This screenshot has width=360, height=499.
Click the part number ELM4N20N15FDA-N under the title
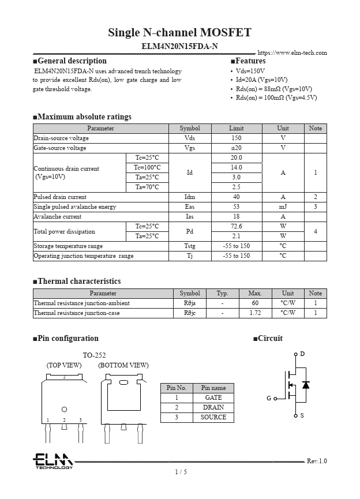(x=179, y=46)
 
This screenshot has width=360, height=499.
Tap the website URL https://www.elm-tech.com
(x=292, y=52)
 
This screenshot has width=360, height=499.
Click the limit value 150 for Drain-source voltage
(x=236, y=138)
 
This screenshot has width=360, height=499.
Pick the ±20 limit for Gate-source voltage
(x=236, y=148)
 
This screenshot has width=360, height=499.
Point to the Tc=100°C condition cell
(x=147, y=167)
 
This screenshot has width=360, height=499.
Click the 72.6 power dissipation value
(x=236, y=226)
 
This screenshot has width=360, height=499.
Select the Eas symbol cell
(x=190, y=207)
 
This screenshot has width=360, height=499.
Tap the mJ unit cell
(x=283, y=207)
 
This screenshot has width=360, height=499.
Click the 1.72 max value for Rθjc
(x=255, y=313)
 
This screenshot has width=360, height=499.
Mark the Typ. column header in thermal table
(x=222, y=293)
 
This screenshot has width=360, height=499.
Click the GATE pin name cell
(x=213, y=397)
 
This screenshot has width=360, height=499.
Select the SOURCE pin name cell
(x=213, y=417)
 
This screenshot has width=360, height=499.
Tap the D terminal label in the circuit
(x=302, y=354)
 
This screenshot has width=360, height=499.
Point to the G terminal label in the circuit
(x=269, y=398)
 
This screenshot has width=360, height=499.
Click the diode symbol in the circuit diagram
(x=306, y=385)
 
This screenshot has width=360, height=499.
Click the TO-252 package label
(x=94, y=355)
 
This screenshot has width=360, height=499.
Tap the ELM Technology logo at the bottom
(x=52, y=461)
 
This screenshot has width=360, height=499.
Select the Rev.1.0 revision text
(x=316, y=461)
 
